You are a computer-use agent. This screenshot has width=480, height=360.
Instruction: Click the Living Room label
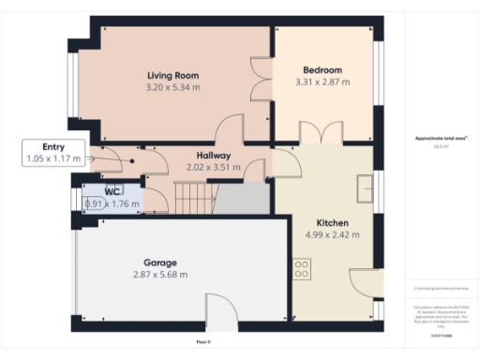point(172,75)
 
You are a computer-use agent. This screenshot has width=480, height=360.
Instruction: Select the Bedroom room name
point(322,70)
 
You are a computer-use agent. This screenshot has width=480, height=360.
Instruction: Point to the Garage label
point(159,262)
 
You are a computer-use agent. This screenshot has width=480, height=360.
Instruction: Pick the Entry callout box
point(54,153)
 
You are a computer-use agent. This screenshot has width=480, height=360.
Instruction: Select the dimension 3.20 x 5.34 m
point(172,87)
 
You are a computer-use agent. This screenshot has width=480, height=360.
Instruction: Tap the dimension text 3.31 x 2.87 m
point(322,82)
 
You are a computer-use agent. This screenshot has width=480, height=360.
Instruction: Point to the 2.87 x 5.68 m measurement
point(159,275)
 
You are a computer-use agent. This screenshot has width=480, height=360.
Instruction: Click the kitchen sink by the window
point(364,191)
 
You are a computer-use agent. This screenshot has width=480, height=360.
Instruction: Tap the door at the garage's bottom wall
point(221,312)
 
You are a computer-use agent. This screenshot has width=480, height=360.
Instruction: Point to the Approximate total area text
point(441,139)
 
